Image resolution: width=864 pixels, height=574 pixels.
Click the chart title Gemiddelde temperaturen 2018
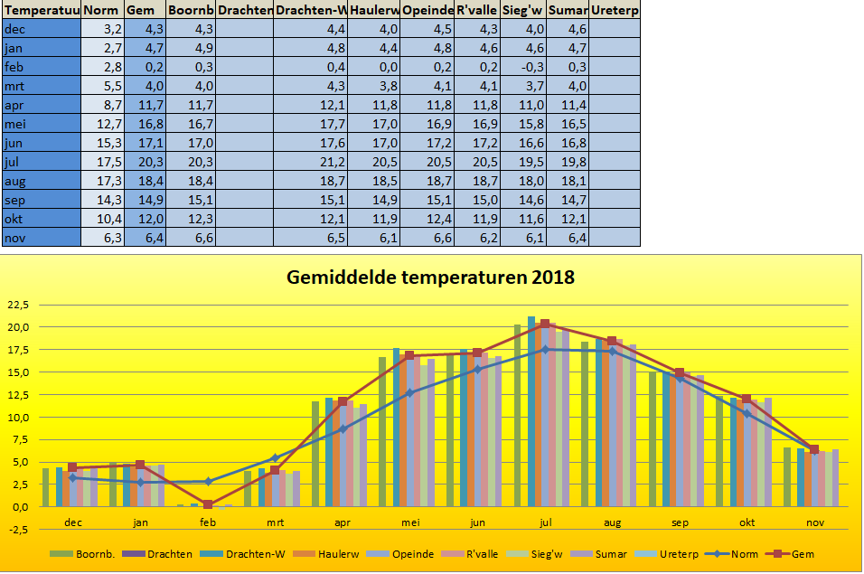tap(430, 277)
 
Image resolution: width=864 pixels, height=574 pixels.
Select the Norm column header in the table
tap(101, 10)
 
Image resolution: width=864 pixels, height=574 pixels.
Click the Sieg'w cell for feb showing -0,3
tap(525, 67)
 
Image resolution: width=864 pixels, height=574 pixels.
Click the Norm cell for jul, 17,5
tap(101, 162)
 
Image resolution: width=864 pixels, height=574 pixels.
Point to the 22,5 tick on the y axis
tap(19, 304)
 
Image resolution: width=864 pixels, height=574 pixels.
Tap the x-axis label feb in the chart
tap(208, 522)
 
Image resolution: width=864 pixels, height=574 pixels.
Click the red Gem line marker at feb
tap(208, 504)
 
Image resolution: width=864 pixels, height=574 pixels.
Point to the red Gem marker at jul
tap(545, 324)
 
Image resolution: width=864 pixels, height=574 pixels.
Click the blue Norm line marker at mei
tap(410, 392)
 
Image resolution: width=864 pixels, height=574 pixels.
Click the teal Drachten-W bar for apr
tap(328, 452)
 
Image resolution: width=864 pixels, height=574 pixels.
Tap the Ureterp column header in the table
tap(614, 10)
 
